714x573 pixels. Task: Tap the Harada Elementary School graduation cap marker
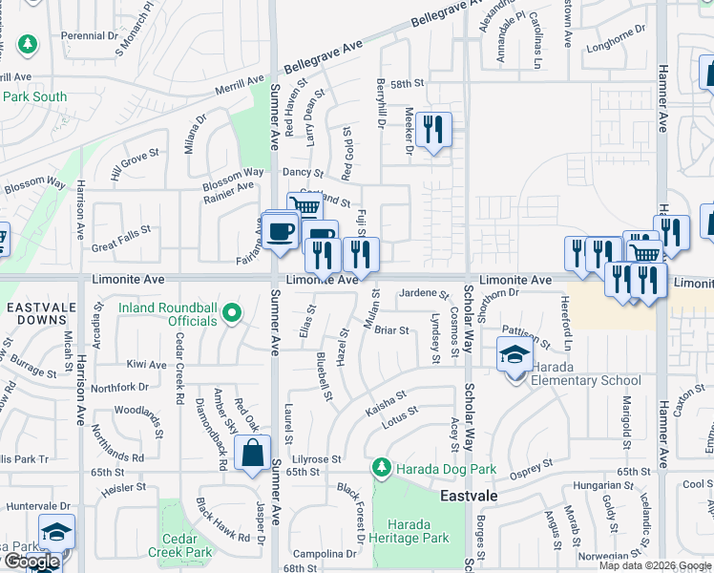(x=514, y=355)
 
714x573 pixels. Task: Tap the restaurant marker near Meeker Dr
(x=433, y=129)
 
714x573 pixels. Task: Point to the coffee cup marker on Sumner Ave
(x=281, y=231)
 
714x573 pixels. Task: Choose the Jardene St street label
(x=424, y=292)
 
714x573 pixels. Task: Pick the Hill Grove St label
(x=134, y=164)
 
